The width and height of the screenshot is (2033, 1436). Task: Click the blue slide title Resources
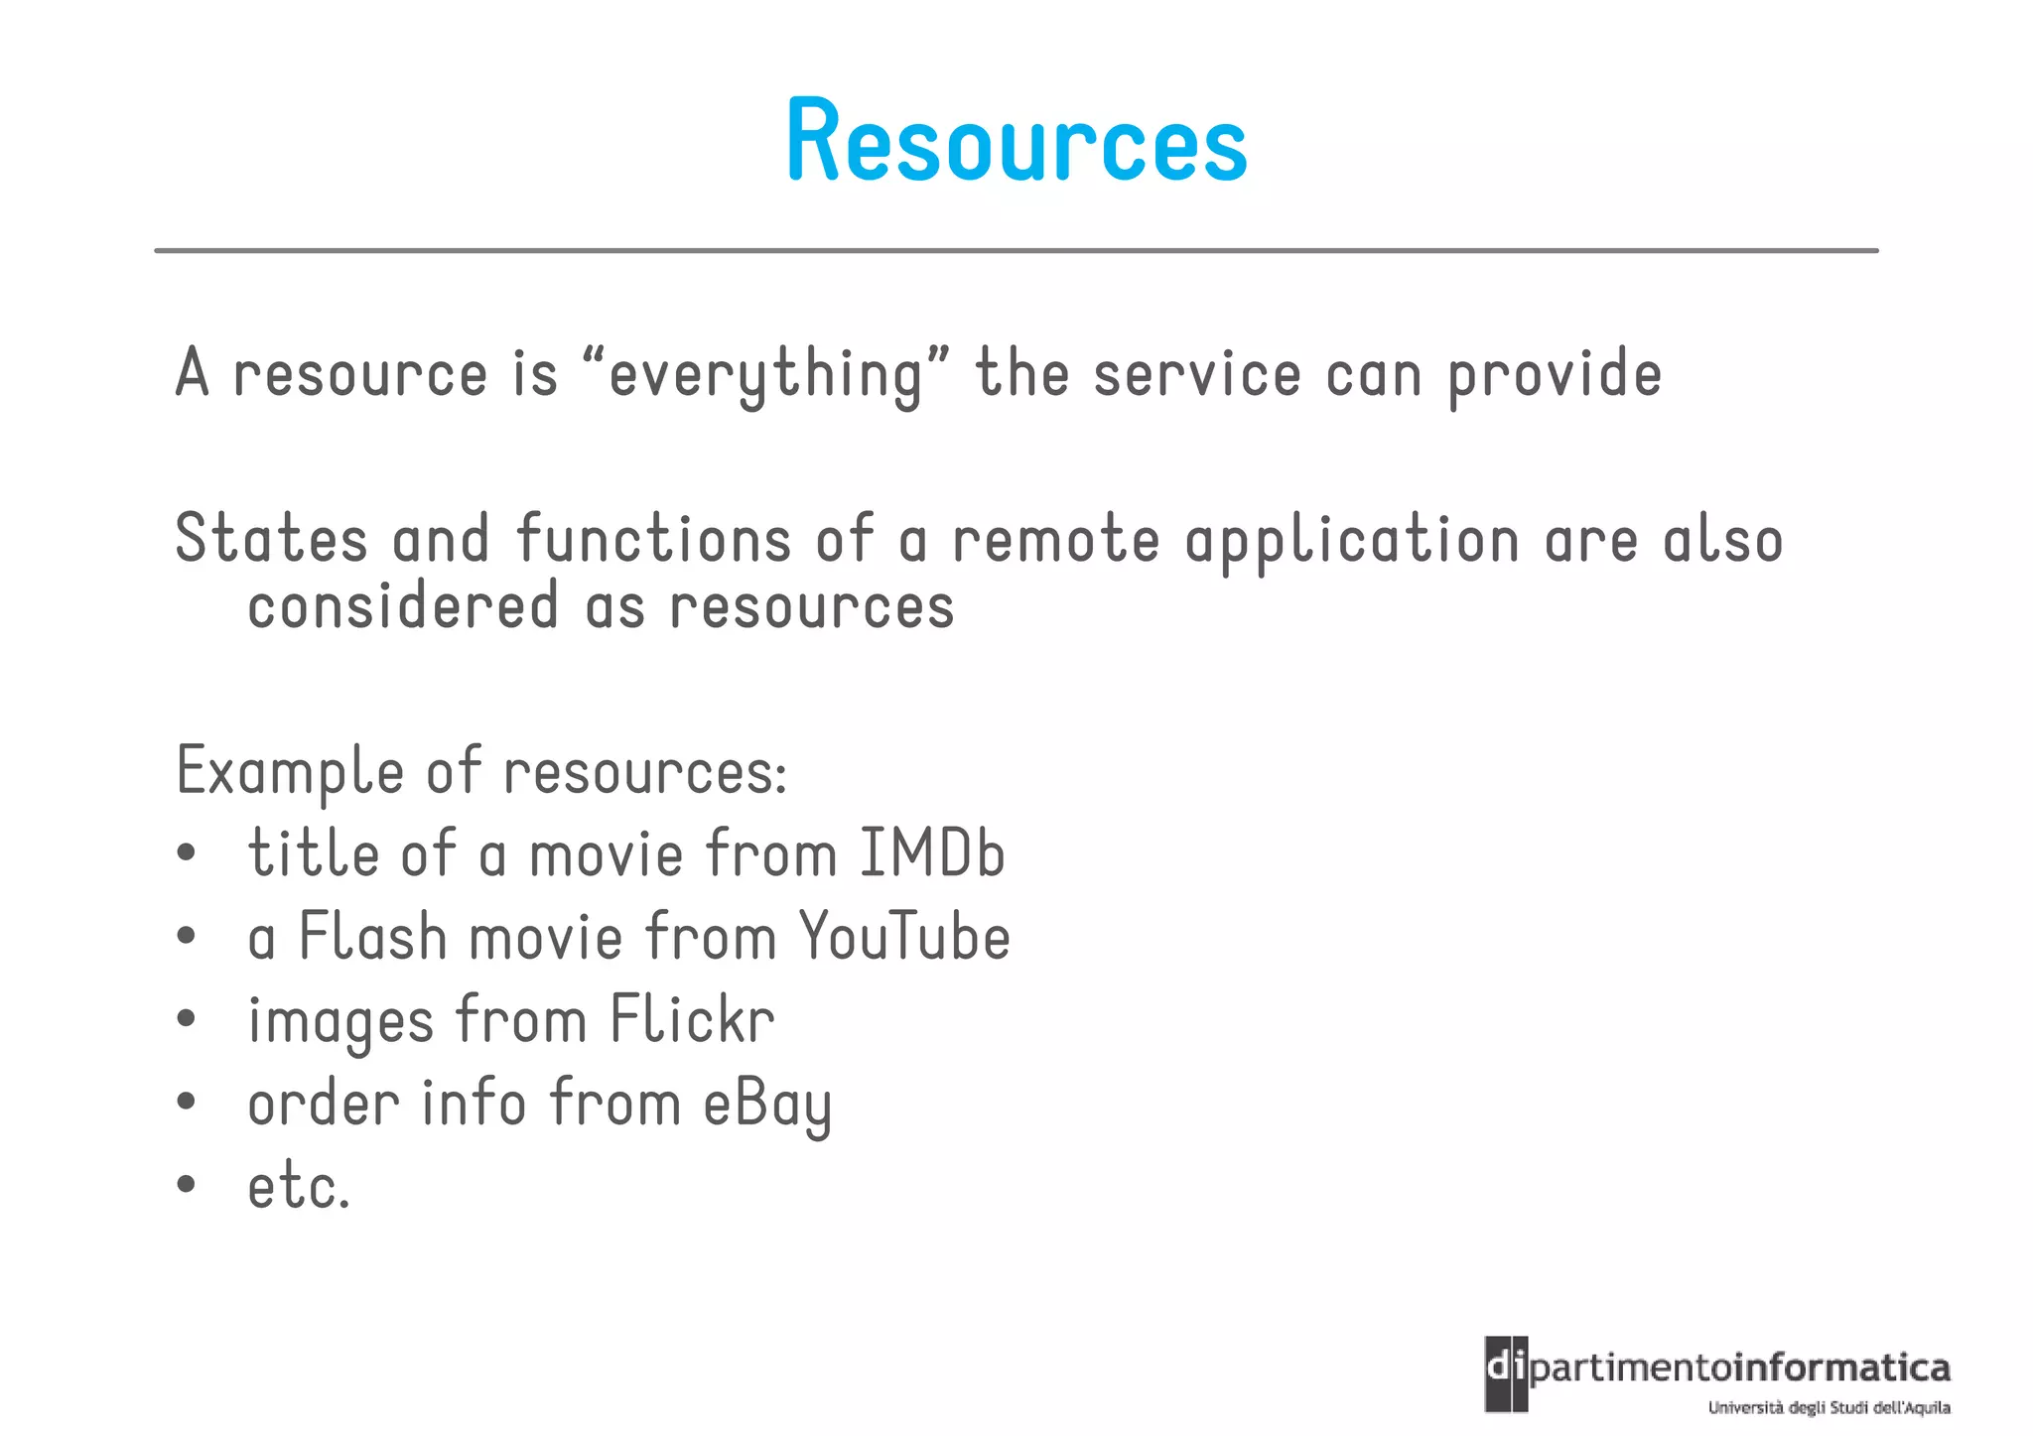(1016, 141)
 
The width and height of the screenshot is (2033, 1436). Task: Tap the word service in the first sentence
(1197, 375)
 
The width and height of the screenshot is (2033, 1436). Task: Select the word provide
(1555, 375)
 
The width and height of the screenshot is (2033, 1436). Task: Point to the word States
(271, 539)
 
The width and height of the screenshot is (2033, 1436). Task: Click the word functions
(654, 539)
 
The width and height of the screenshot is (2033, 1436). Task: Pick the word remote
(1055, 539)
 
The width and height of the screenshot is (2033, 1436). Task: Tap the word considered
(403, 605)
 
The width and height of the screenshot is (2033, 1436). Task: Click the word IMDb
(931, 853)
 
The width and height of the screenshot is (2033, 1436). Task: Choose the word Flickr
(693, 1019)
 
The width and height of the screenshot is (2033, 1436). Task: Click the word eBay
(767, 1105)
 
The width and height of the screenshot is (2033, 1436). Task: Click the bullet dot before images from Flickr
(186, 1018)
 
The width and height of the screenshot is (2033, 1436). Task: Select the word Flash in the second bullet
(373, 937)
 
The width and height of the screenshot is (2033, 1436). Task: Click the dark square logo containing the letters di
(1506, 1373)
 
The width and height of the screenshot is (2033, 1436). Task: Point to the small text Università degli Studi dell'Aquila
(1829, 1407)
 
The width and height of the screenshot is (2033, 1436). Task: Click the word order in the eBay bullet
(324, 1103)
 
